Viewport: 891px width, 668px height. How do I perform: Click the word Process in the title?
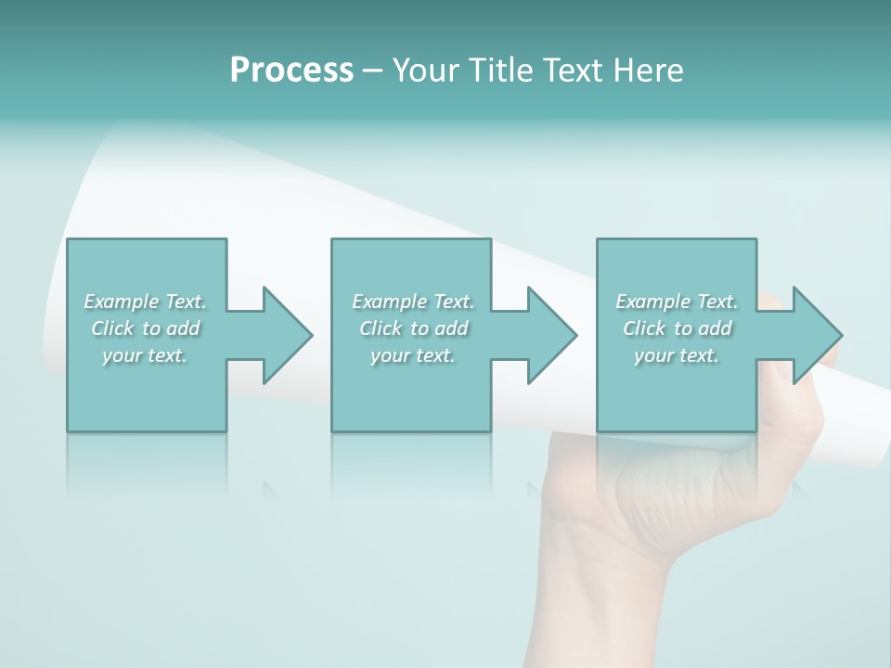[291, 71]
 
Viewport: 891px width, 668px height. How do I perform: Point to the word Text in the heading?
[574, 71]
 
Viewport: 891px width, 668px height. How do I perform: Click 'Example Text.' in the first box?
[145, 302]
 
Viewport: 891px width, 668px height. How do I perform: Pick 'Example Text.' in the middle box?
[413, 302]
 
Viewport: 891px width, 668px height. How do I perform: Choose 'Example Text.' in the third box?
[677, 302]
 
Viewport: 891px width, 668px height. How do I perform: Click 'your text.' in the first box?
[145, 355]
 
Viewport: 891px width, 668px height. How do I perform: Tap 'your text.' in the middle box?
[413, 355]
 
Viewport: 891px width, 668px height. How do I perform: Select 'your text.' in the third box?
[677, 355]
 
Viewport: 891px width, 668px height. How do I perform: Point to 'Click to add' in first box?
[145, 328]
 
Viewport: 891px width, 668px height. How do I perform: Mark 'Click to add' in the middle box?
[413, 328]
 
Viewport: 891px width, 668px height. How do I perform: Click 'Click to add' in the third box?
[677, 328]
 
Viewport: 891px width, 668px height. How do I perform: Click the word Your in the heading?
[427, 71]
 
